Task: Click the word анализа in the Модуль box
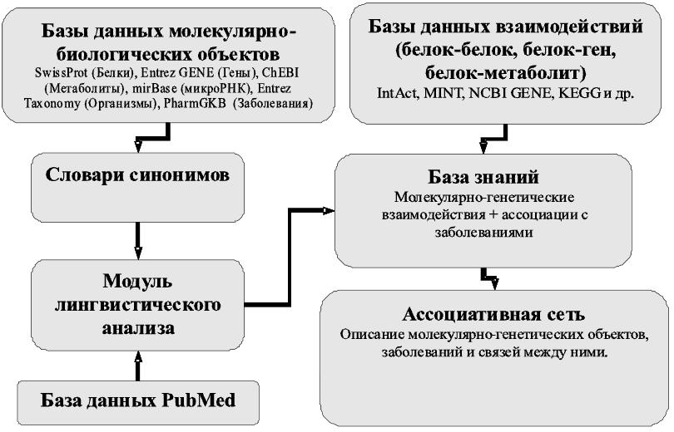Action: pos(139,326)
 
